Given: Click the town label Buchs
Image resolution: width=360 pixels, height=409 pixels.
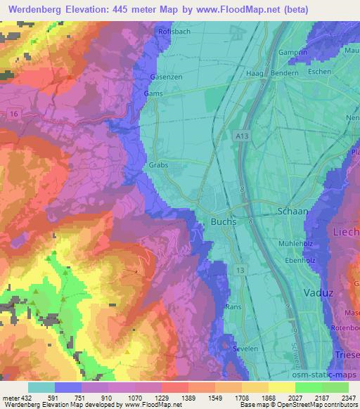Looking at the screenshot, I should pos(224,221).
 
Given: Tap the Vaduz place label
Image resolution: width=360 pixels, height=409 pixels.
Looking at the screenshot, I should pos(317,292).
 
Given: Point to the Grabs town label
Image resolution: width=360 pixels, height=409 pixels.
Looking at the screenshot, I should pos(158,167).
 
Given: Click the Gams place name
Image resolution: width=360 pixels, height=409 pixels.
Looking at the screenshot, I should pos(153,93).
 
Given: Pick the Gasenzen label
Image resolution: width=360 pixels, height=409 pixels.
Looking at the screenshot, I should pos(166,77).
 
